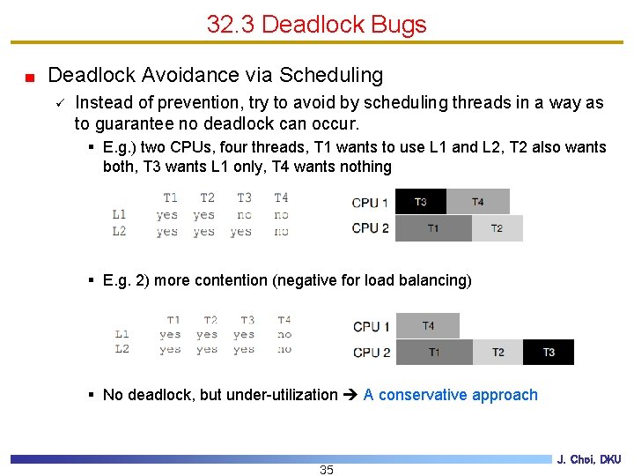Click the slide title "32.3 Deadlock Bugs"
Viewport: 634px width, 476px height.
316,24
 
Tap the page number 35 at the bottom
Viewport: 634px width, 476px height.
327,470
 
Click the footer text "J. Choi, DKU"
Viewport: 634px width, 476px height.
588,459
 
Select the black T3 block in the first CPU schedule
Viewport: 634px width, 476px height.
421,202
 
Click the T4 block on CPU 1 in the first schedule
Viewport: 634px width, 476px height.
478,202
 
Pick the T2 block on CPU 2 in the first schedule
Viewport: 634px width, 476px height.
497,228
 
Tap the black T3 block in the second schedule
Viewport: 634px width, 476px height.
549,352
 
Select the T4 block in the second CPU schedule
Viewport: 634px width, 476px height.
428,325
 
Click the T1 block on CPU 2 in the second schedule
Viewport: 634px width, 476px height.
434,352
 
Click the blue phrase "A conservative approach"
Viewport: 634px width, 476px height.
450,395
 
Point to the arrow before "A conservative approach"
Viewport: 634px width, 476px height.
350,395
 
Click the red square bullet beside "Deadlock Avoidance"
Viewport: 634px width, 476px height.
29,78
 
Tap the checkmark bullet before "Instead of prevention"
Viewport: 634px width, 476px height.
57,103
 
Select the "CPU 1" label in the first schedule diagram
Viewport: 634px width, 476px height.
370,203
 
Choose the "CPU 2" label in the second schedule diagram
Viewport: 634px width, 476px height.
372,352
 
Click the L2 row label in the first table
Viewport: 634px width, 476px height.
119,231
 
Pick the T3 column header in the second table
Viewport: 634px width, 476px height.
247,320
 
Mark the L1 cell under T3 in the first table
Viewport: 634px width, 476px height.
244,214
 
